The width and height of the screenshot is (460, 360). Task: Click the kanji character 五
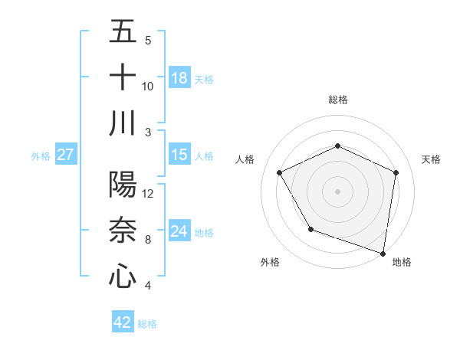(123, 32)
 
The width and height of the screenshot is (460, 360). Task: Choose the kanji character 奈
(123, 230)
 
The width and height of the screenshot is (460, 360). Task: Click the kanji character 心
(123, 275)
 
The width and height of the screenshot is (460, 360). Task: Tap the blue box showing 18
(179, 78)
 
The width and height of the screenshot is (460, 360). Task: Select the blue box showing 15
(179, 155)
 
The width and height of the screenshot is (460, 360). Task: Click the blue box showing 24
(179, 231)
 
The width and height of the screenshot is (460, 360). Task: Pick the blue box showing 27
(65, 155)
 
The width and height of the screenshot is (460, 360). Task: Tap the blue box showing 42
(123, 322)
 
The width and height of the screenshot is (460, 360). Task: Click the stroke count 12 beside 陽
(149, 194)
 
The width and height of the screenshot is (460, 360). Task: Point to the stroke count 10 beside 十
(148, 86)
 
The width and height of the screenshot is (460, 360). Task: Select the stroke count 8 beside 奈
(147, 240)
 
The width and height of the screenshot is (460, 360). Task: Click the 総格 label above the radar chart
(338, 100)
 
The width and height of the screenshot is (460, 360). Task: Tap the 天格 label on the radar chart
(432, 159)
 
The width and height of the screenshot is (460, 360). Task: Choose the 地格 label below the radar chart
(402, 262)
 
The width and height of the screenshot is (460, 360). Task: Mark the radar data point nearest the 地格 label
(383, 253)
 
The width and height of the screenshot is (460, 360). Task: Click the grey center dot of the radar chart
(338, 191)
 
